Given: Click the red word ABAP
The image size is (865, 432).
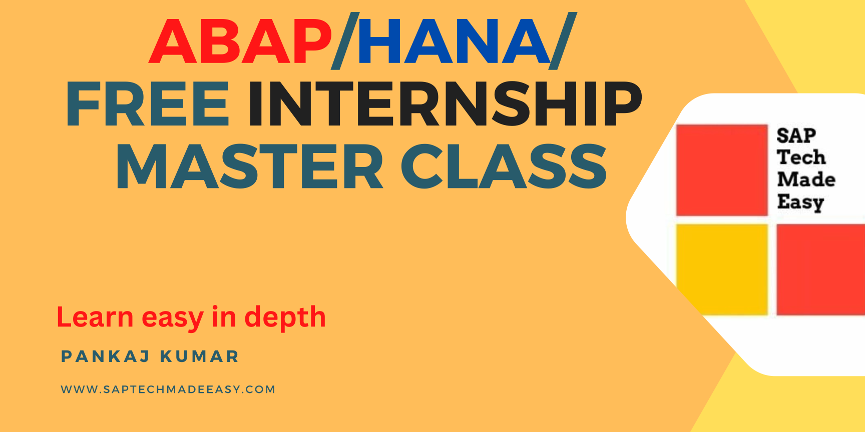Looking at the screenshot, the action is pos(241,41).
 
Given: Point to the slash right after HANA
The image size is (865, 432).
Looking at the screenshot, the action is pos(563,40).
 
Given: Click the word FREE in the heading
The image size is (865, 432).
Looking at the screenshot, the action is pos(148,104).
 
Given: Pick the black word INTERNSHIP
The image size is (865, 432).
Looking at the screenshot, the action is pos(445,104).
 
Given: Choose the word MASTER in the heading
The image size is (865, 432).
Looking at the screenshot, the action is pos(249,166).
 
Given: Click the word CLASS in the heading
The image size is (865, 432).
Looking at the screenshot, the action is pos(504,166).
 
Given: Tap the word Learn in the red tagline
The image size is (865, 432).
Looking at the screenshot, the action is pos(95,317).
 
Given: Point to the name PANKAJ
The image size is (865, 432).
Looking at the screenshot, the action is pos(105,356).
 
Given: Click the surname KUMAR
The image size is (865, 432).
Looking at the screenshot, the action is pos(199,356).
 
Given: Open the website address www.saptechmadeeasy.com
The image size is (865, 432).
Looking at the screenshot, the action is pos(168,389).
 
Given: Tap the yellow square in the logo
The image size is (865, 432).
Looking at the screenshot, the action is pos(722,269).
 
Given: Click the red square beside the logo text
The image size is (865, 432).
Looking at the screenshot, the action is pos(722,170).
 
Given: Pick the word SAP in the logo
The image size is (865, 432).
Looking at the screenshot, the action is pos(796,135).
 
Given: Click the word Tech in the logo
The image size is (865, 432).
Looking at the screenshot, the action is pos(801,157).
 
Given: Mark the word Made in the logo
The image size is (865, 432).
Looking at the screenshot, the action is pos(806,179).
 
